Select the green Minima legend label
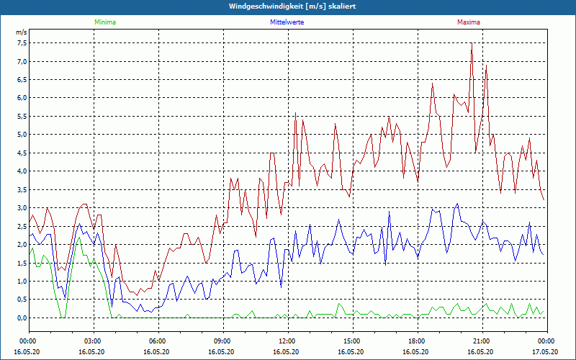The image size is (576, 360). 104,22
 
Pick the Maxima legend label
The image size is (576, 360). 468,22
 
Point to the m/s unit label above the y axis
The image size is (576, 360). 21,32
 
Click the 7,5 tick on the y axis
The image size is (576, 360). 21,42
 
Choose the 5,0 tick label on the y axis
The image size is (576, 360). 21,135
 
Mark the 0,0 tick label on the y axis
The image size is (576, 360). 21,318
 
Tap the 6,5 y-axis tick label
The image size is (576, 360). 21,79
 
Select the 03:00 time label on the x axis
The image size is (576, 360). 93,341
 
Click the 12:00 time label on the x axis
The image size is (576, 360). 287,341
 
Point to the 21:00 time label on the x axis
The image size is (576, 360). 482,341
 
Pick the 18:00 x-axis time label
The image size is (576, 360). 417,341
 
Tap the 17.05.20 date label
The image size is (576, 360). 546,351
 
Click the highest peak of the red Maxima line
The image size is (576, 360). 472,44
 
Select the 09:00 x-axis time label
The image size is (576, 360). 222,341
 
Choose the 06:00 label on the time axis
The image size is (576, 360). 158,341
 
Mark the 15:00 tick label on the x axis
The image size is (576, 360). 352,341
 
